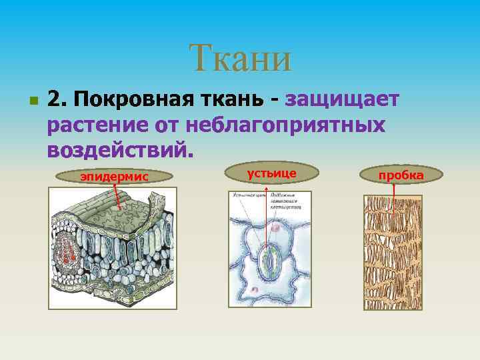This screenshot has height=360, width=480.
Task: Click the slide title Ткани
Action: click(240, 58)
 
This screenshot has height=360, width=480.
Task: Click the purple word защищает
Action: click(342, 100)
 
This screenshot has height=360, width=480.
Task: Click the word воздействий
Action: click(119, 149)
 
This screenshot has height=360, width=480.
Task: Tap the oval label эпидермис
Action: click(114, 176)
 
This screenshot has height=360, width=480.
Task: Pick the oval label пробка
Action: click(401, 175)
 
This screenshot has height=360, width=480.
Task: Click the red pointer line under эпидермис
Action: click(117, 196)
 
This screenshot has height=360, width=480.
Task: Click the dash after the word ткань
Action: click(274, 101)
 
